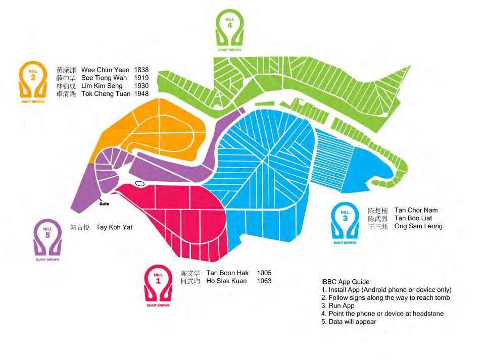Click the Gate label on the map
coord(104,204)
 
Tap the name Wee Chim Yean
coord(105,70)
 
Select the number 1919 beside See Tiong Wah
coord(141,78)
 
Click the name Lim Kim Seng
coord(102,86)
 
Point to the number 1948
coord(141,93)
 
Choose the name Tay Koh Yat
coord(114,227)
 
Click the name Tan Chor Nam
coord(416,210)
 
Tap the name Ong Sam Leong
coord(418,226)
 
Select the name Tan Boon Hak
coord(227,273)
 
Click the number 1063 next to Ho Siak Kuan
coord(264,281)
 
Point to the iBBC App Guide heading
coord(346,282)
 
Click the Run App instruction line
coord(338,306)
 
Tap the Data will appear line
coord(349,322)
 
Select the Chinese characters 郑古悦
coord(80,228)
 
